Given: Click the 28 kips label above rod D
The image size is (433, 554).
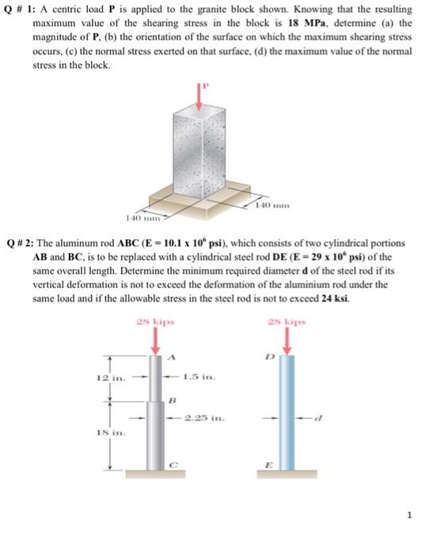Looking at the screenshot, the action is (287, 323).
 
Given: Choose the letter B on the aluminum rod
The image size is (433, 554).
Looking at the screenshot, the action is (171, 400).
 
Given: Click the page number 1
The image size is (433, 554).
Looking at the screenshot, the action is (409, 514).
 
